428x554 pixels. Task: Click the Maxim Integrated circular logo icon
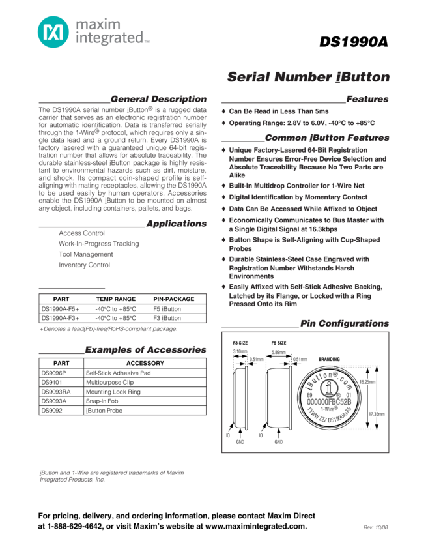(53, 31)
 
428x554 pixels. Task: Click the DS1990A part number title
(354, 42)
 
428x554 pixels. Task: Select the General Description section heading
(158, 99)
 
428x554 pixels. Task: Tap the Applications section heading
(176, 224)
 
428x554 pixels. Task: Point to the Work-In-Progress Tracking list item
(98, 244)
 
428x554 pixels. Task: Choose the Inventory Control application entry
(84, 265)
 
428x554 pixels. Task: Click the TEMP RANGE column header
(116, 299)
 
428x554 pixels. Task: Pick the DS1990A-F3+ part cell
(60, 319)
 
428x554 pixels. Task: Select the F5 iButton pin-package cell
(167, 309)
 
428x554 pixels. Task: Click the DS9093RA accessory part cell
(56, 392)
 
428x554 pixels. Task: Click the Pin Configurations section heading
(344, 323)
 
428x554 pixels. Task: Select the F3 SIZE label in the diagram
(240, 343)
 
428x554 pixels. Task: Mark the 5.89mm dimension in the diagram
(278, 352)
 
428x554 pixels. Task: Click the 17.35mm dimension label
(377, 413)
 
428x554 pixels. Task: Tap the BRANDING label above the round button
(329, 359)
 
